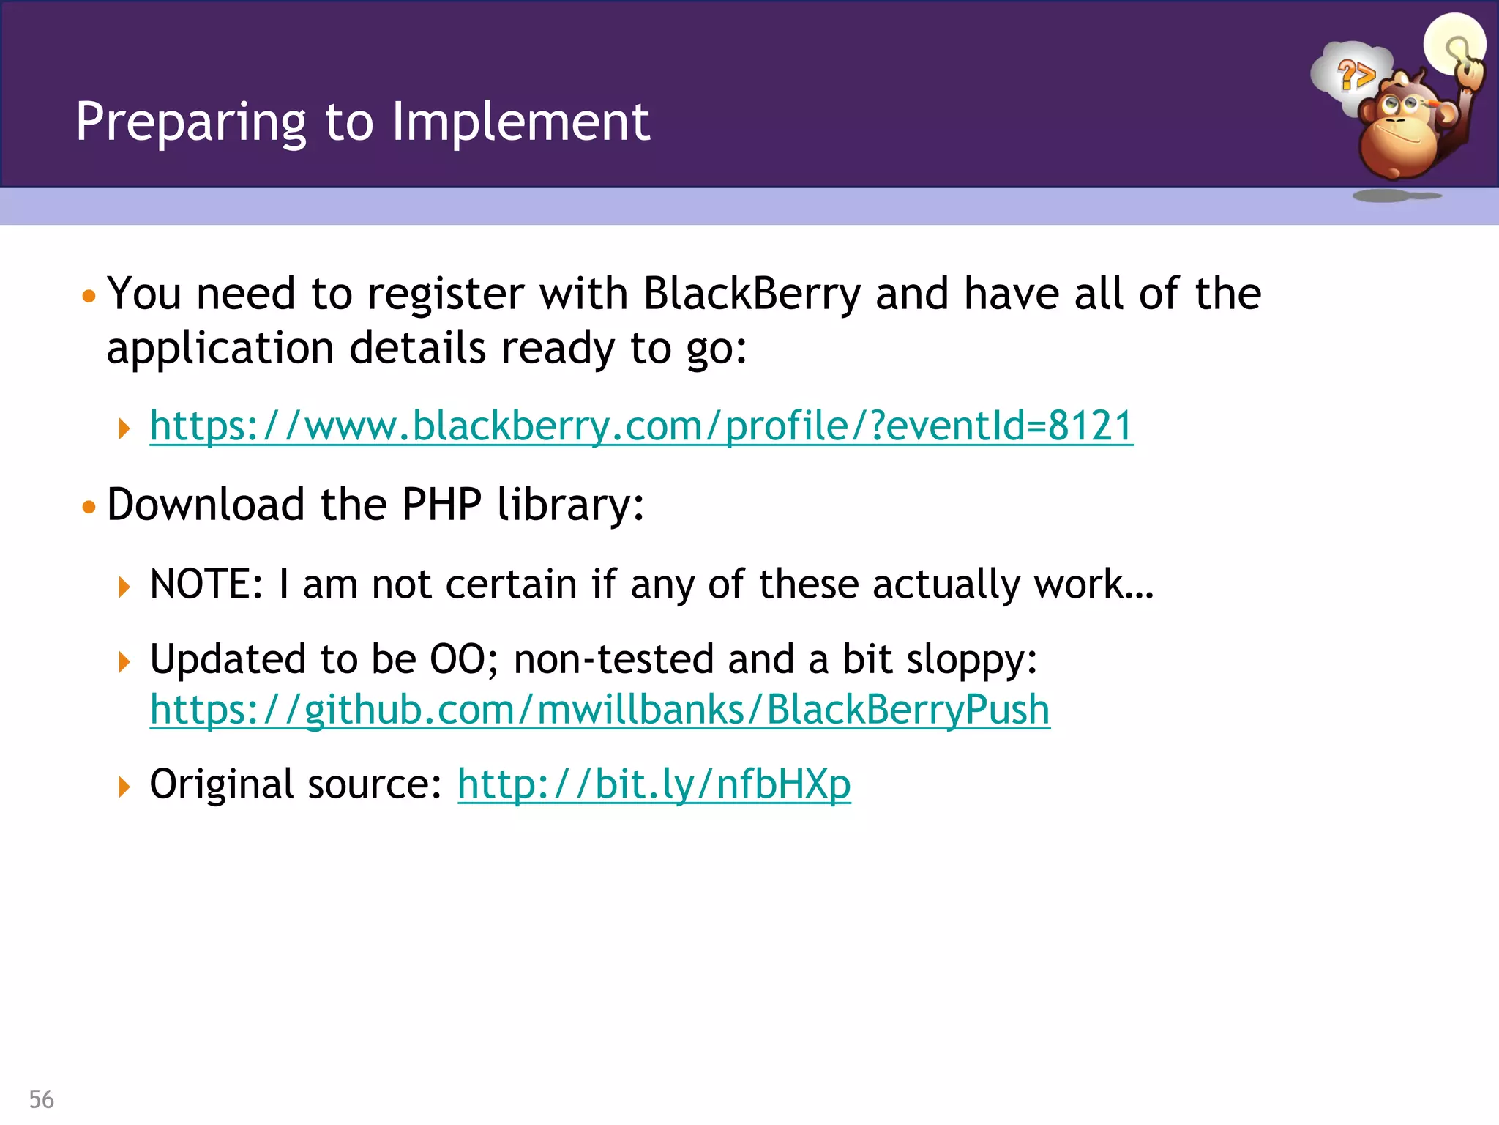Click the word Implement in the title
coord(520,122)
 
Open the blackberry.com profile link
coord(641,426)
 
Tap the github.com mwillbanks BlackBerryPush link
coord(599,710)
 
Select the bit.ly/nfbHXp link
coord(654,784)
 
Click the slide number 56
coord(42,1099)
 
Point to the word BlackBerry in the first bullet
coord(752,294)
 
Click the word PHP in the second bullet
coord(441,505)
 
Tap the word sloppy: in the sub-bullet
coord(971,659)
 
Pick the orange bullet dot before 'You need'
coord(89,297)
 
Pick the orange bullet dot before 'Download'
coord(89,507)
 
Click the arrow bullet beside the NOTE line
coord(124,587)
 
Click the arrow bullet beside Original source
coord(124,787)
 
